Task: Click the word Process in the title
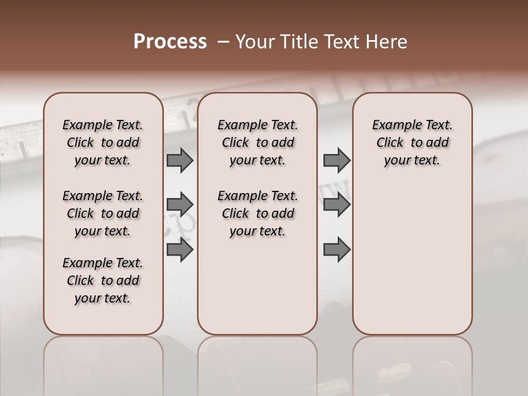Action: pos(170,42)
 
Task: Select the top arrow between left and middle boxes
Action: pos(180,161)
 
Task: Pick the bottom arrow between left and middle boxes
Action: pos(180,250)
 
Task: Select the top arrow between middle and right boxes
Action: pos(337,161)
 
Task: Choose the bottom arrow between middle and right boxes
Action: pos(337,250)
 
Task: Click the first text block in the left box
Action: pos(103,142)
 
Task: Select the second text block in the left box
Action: pos(103,213)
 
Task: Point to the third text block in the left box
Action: pos(103,280)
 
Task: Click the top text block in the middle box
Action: pos(257,142)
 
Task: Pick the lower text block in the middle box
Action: pos(257,213)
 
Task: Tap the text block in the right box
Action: pos(412,142)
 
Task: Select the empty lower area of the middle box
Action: pos(257,286)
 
